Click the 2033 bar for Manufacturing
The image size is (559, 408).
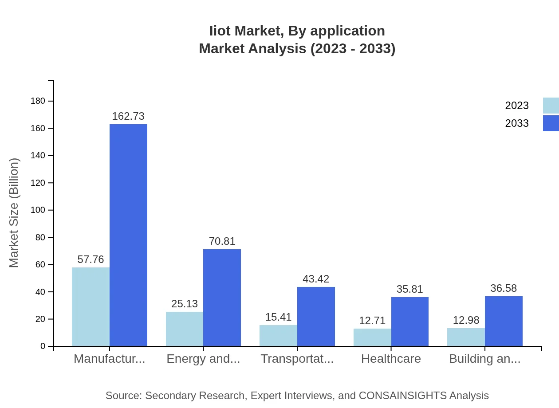128,235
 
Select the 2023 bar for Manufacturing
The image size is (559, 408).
91,306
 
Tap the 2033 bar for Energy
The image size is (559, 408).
222,298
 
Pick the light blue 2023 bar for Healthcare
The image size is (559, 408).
372,337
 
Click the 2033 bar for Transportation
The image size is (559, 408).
316,316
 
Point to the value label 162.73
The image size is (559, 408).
128,116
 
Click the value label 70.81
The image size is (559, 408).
222,241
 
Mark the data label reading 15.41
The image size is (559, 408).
278,317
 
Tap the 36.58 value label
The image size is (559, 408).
504,288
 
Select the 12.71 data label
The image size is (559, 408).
372,321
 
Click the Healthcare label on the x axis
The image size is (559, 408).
391,359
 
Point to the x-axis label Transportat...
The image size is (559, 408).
297,359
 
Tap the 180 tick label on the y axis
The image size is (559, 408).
38,101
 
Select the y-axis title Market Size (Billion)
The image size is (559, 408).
14,213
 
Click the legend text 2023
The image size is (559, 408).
517,106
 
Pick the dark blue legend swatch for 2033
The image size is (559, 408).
551,123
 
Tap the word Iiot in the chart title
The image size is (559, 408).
220,31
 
